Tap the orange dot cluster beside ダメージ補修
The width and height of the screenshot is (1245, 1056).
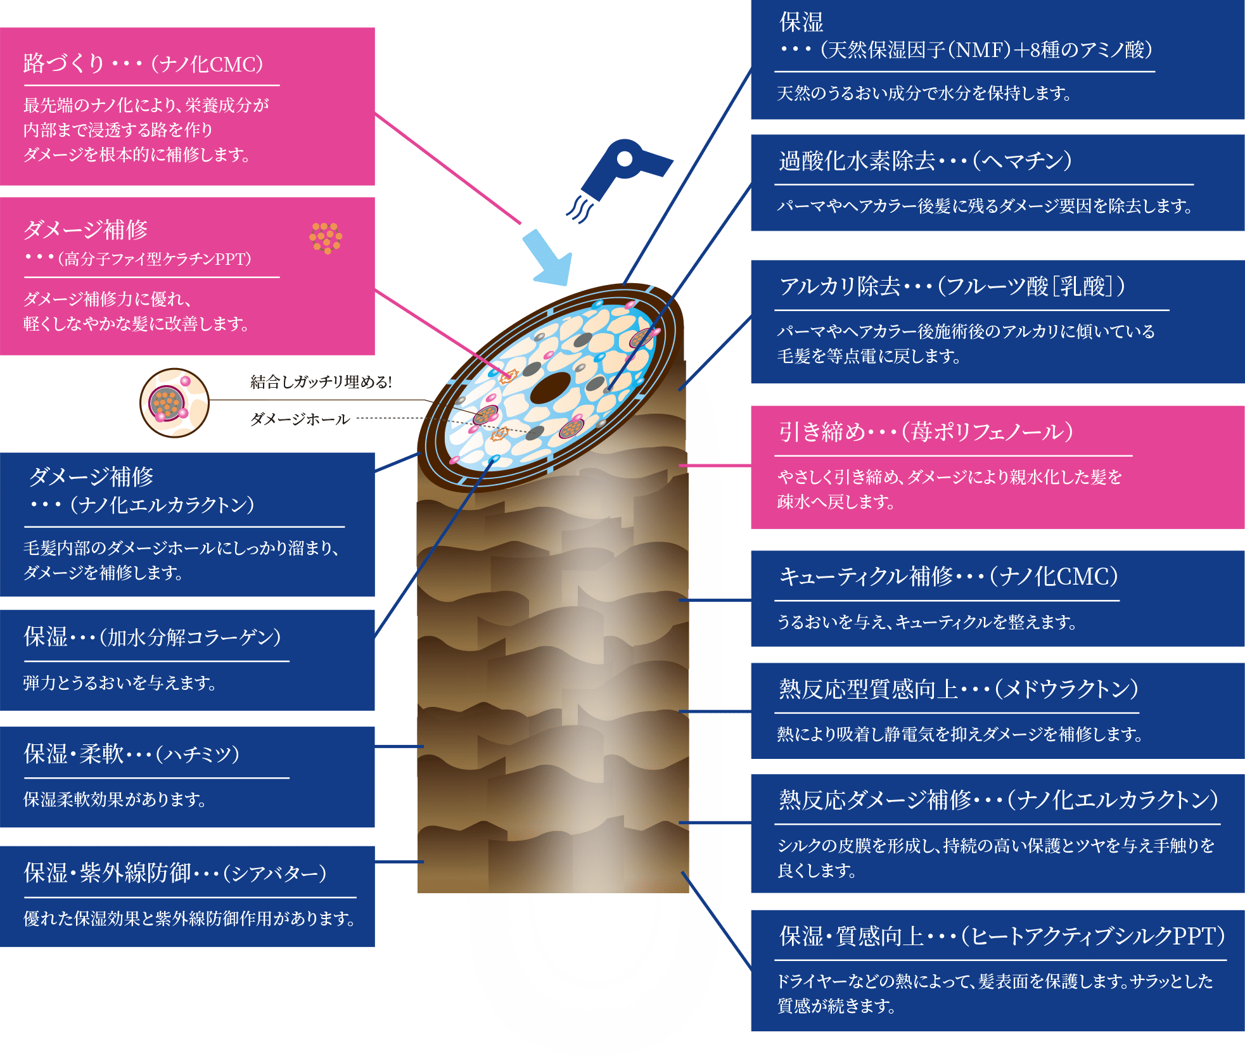tap(326, 238)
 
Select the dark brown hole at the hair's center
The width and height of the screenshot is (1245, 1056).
tap(551, 388)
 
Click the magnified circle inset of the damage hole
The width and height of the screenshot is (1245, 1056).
tap(174, 403)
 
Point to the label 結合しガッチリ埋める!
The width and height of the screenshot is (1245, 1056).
tap(321, 382)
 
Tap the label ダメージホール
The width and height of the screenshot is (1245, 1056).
tap(300, 419)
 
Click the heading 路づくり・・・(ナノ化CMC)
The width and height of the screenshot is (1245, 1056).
tap(143, 64)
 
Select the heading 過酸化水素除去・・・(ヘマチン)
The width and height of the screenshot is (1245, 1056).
tap(925, 161)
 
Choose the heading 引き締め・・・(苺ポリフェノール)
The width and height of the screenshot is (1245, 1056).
tap(926, 432)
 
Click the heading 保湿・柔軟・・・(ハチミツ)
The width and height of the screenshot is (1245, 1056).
tap(132, 754)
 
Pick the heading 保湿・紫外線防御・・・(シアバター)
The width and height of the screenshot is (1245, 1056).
tap(175, 873)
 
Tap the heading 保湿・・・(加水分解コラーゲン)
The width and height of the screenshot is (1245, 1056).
tap(152, 637)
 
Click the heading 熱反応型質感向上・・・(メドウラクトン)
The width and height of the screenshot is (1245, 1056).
tap(958, 689)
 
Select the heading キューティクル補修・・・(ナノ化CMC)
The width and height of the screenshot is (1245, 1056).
tap(948, 576)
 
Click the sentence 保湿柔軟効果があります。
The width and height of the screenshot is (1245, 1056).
tap(115, 799)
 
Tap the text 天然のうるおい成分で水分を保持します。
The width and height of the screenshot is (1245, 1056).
tap(924, 94)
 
